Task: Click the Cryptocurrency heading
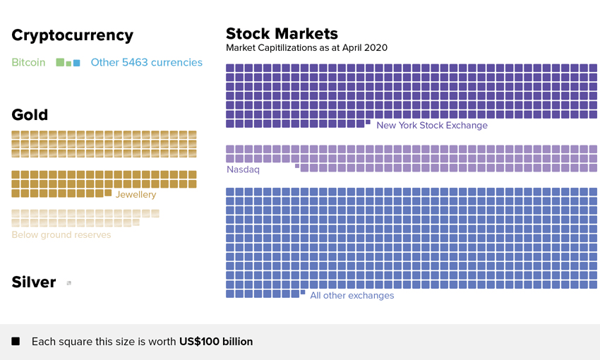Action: pos(72,35)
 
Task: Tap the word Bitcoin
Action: pos(28,62)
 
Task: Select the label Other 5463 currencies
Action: pos(146,62)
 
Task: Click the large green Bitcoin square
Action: pos(60,62)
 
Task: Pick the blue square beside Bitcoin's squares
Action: pos(76,63)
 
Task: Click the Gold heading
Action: pos(30,114)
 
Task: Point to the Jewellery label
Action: pos(136,194)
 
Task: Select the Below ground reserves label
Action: pos(61,234)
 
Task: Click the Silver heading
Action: pos(33,282)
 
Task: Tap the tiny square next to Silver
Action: pos(68,283)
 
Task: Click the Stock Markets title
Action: pos(282,33)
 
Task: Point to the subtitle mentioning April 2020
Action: pos(306,48)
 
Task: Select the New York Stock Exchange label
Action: pos(431,125)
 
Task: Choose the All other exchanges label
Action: pos(352,295)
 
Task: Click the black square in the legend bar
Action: pos(16,342)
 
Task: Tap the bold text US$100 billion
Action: pos(215,342)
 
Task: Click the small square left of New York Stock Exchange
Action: pos(368,122)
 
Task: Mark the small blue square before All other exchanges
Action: pos(303,292)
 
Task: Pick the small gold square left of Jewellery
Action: pos(108,192)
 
